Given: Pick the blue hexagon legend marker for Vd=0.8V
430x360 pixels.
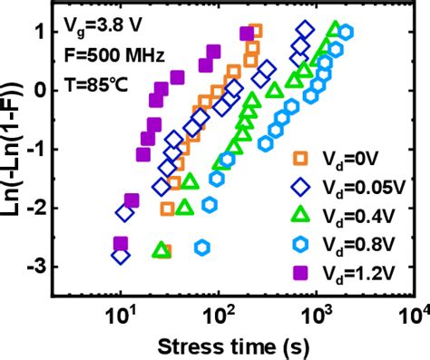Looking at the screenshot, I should point(302,242).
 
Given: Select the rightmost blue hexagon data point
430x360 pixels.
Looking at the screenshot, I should point(345,33).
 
